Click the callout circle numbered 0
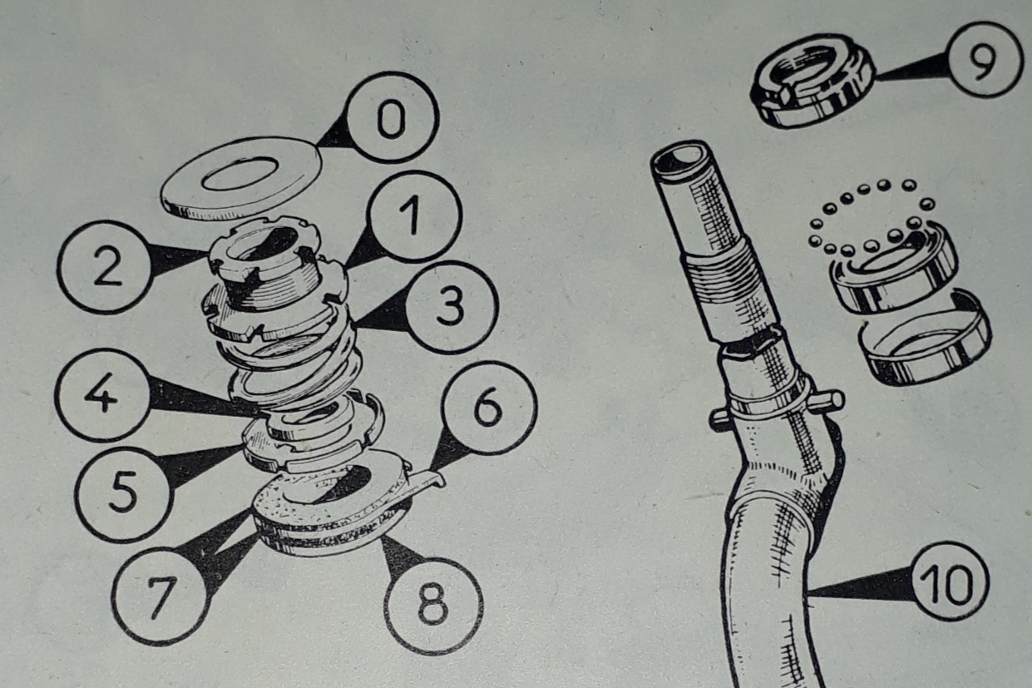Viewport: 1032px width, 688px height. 392,117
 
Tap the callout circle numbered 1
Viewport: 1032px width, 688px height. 414,216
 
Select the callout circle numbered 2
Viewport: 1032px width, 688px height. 105,267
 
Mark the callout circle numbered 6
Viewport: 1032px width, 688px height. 489,408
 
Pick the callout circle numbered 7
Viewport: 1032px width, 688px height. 159,597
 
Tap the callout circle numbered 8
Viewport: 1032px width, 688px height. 432,606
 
